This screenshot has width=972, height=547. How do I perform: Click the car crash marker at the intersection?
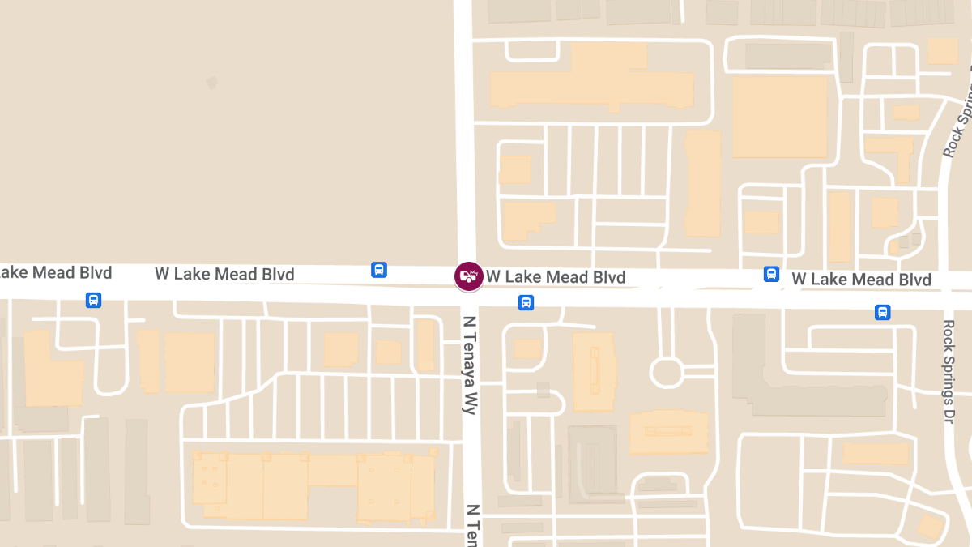pos(468,276)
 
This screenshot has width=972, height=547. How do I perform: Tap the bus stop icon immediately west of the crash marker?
pos(378,270)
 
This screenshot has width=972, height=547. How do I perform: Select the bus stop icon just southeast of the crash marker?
pos(526,303)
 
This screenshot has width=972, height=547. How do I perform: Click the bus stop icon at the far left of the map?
pos(94,301)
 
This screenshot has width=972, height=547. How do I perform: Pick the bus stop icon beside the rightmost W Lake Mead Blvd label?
pos(771,275)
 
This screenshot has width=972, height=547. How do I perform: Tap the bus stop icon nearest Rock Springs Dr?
pos(882,312)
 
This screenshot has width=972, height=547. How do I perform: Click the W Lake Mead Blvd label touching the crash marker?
pos(556,278)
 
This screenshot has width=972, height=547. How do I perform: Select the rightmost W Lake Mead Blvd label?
pos(861,280)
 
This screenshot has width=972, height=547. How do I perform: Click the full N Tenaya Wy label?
pos(468,365)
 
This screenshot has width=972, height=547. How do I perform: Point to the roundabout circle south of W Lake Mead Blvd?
pos(667,373)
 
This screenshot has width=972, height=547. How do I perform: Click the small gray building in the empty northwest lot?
pos(211,83)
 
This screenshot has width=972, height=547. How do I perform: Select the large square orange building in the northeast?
pos(779,117)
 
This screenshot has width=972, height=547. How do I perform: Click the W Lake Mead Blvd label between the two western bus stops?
pos(224,274)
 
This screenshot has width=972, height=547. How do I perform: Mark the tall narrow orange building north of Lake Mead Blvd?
pos(702,184)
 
